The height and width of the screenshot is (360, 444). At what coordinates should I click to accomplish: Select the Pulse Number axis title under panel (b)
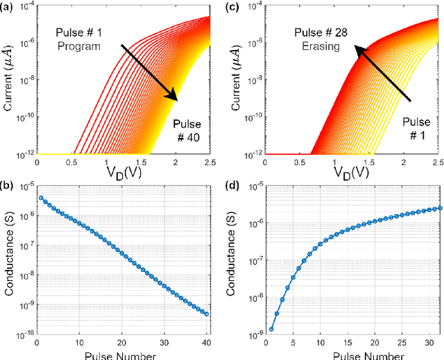(x=121, y=354)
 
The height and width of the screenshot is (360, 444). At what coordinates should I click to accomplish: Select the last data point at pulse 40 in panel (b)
(x=206, y=314)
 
